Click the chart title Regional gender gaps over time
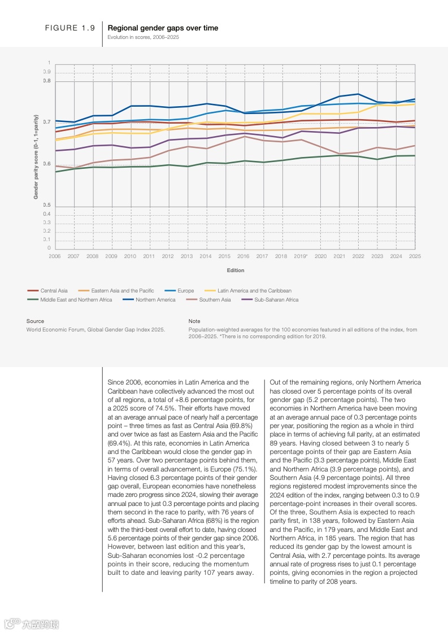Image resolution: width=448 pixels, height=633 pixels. point(163,28)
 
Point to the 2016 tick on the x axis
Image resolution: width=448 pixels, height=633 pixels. point(243,256)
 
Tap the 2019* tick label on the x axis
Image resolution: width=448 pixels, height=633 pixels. point(301,256)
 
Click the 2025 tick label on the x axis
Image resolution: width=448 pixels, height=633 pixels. point(415,256)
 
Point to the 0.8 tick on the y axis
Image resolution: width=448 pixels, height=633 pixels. point(47,81)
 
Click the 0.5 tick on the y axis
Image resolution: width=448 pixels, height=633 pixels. point(47,206)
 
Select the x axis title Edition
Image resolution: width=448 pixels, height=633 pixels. point(236,270)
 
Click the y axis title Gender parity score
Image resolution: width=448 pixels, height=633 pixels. point(36,155)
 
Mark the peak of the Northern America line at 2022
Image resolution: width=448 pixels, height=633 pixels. point(358,94)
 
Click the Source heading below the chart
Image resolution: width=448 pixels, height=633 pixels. point(35,321)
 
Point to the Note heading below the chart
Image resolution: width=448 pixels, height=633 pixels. point(194,321)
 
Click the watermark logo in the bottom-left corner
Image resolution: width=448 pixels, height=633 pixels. point(31,624)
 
